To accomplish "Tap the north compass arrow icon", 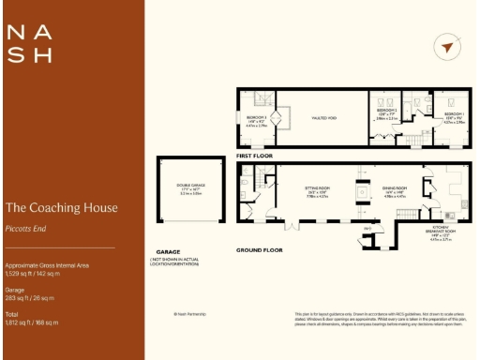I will coord(447,48).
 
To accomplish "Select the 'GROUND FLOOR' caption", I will coord(261,250).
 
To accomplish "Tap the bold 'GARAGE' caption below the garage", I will coord(168,250).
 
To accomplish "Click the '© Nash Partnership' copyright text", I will coord(189,314).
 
